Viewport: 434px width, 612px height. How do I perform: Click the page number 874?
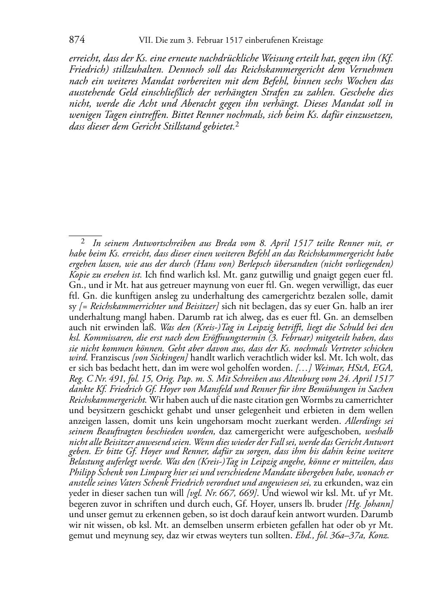click(77, 40)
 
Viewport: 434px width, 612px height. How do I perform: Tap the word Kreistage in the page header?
click(307, 41)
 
